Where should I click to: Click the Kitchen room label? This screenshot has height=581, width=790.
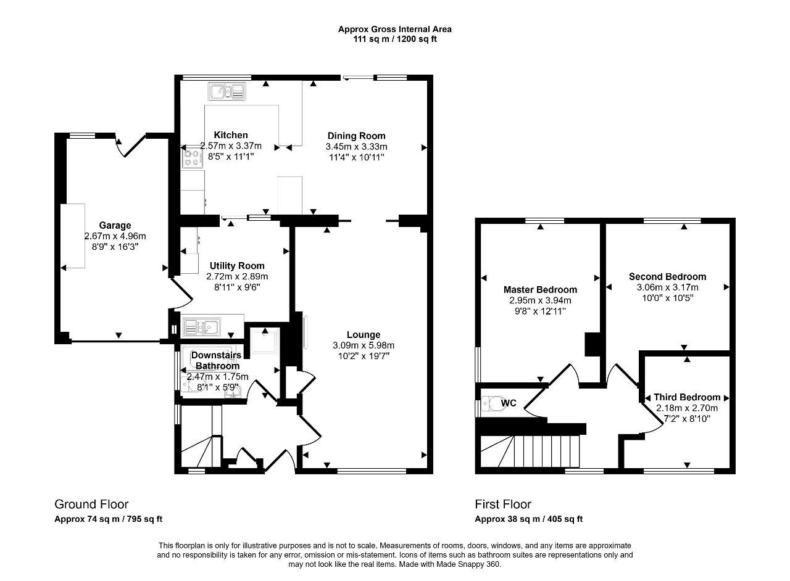(x=231, y=135)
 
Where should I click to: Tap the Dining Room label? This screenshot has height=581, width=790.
(x=356, y=136)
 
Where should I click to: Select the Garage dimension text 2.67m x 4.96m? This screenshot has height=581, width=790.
(x=115, y=236)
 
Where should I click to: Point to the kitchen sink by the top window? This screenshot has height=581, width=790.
(x=227, y=91)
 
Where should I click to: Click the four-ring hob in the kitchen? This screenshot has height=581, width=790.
(x=193, y=159)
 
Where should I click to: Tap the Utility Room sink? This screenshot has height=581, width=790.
(x=201, y=326)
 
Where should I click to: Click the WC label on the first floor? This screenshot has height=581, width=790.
(x=509, y=403)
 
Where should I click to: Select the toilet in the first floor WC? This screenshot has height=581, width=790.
(x=491, y=403)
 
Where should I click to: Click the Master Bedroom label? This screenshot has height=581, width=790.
(x=540, y=290)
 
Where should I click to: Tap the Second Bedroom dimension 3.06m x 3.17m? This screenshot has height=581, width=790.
(x=667, y=287)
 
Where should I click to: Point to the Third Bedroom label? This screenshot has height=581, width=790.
(x=687, y=397)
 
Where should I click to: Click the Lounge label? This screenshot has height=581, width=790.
(x=364, y=334)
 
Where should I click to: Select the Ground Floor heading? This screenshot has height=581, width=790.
(x=91, y=505)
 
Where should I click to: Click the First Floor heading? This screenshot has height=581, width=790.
(x=503, y=505)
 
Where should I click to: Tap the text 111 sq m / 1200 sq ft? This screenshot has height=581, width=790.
(x=394, y=39)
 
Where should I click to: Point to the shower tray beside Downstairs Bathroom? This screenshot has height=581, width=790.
(x=265, y=340)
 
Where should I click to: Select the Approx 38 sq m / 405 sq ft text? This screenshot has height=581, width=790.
(x=529, y=519)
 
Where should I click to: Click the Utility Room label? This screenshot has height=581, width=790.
(x=237, y=266)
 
